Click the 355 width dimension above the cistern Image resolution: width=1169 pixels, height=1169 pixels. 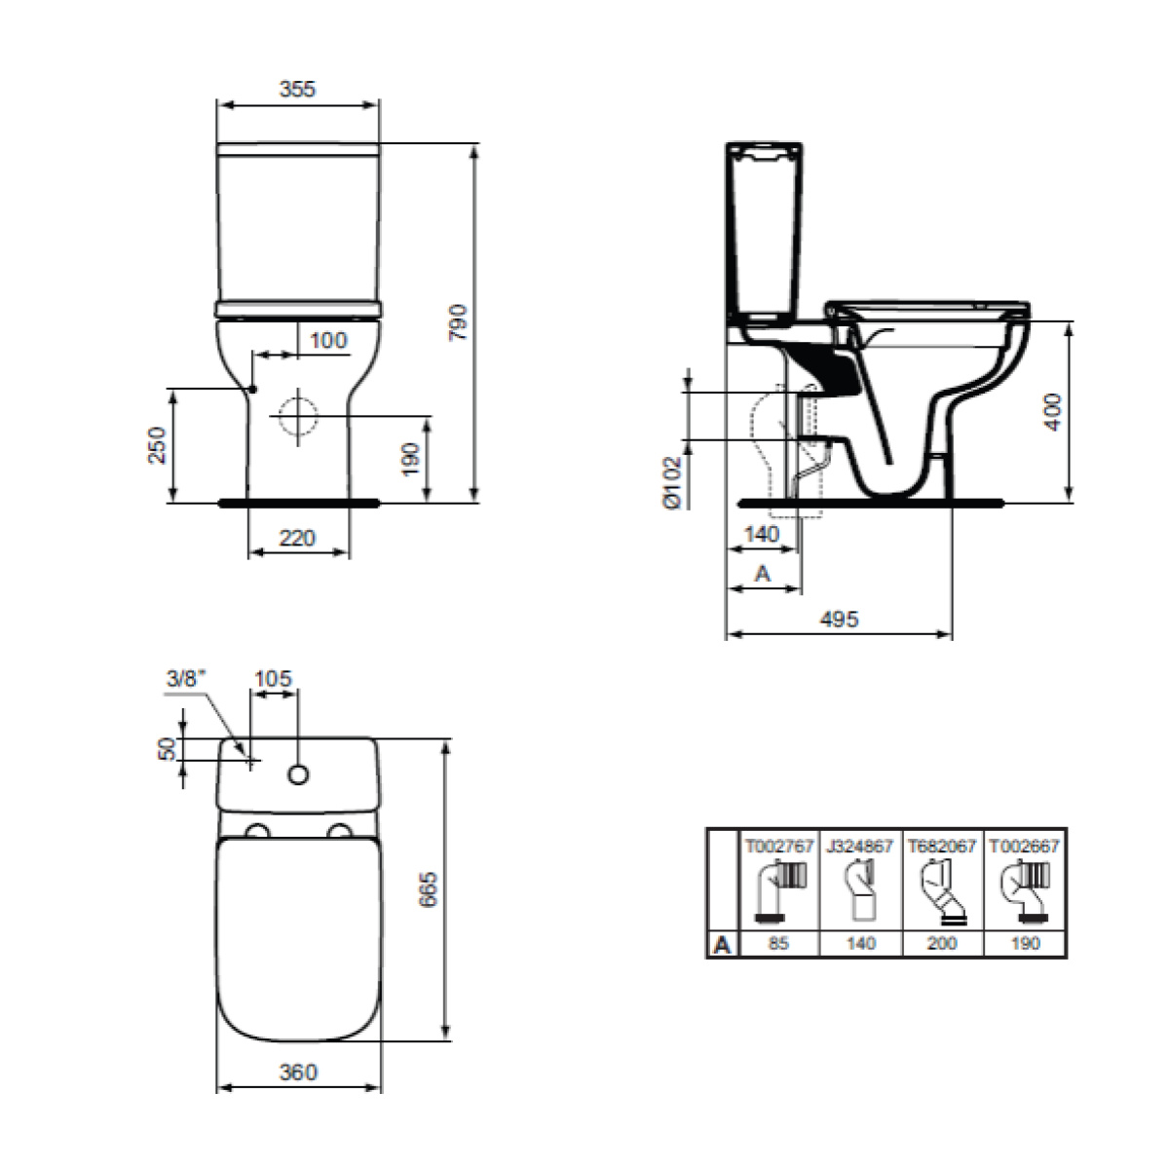(297, 90)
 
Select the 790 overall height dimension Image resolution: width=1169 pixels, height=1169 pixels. (458, 322)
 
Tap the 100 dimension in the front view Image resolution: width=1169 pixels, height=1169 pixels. (328, 340)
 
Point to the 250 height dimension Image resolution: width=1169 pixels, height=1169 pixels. (157, 444)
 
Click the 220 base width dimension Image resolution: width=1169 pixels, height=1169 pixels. (297, 538)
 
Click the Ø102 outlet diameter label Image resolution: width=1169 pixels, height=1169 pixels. (673, 483)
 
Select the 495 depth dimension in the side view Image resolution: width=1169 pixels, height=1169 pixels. (839, 619)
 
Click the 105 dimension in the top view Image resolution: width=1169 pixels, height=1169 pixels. (273, 678)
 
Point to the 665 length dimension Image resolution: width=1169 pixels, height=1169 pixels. (428, 890)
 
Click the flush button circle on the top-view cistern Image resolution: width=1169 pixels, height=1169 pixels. (298, 774)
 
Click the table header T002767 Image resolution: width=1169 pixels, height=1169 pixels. (779, 847)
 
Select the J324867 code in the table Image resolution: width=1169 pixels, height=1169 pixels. (860, 847)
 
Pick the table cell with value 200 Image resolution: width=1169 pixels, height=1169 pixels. (942, 943)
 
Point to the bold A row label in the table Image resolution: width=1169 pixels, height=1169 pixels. (722, 945)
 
